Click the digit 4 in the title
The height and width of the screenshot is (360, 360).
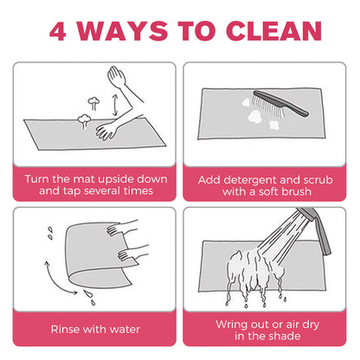(x=58, y=31)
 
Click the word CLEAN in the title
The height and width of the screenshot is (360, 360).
(x=273, y=31)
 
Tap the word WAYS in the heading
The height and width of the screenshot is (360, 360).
(x=122, y=31)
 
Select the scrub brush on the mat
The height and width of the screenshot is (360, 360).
(x=280, y=104)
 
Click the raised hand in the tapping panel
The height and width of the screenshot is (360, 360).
(x=117, y=76)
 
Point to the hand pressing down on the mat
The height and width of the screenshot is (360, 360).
(x=107, y=131)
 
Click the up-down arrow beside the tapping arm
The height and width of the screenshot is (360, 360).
(x=115, y=105)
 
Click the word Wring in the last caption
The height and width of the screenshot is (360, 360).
(x=231, y=325)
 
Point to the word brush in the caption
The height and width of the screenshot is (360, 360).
(x=296, y=191)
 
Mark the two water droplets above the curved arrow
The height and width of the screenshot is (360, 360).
(x=50, y=234)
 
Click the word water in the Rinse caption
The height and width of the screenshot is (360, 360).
(x=125, y=329)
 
